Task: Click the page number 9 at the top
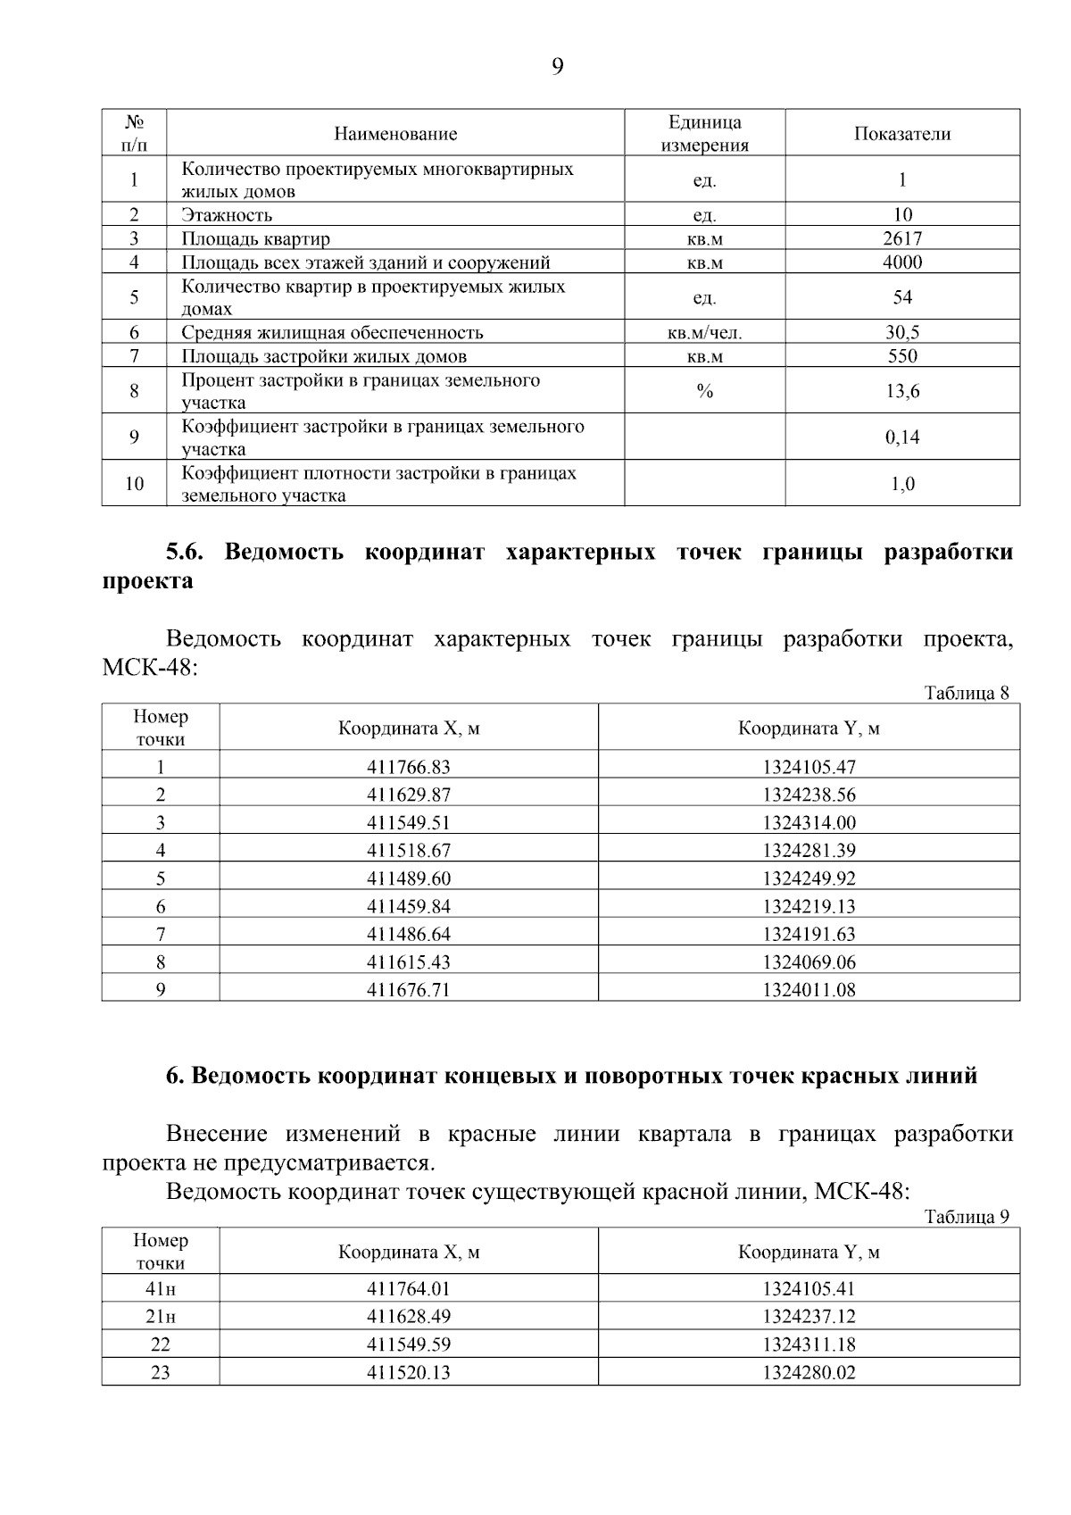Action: tap(557, 67)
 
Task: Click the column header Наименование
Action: tap(395, 134)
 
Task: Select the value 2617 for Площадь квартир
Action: tap(901, 238)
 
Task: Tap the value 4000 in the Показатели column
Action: tap(901, 262)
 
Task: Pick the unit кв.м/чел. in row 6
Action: tap(704, 333)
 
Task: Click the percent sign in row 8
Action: tap(704, 391)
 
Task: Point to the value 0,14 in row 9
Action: tap(901, 437)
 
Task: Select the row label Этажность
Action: tap(227, 215)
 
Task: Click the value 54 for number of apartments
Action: tap(901, 297)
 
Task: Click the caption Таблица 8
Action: tap(967, 694)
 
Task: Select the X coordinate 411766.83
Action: tap(409, 767)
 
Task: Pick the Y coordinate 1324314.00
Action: tap(809, 823)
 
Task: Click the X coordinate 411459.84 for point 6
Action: tap(409, 907)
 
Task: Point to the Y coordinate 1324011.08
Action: tap(809, 990)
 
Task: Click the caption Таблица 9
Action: tap(967, 1217)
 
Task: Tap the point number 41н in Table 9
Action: tap(161, 1289)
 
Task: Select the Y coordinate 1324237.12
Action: tap(809, 1317)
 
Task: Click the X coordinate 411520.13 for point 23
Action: tap(409, 1373)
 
